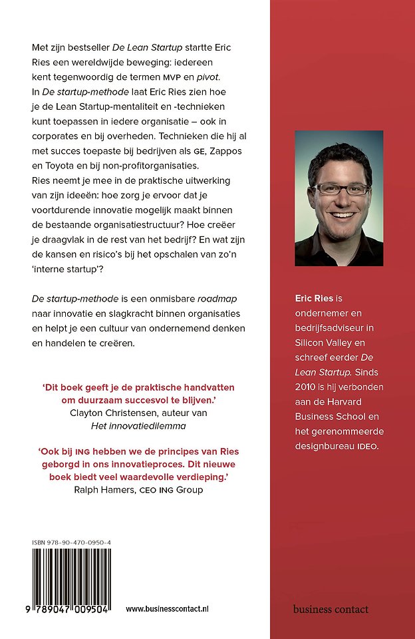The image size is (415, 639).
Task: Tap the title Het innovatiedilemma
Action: point(138,426)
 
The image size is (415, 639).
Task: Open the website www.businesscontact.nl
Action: point(168,609)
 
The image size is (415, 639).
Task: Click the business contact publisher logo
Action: point(331,609)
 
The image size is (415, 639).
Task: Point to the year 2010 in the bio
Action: point(309,387)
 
